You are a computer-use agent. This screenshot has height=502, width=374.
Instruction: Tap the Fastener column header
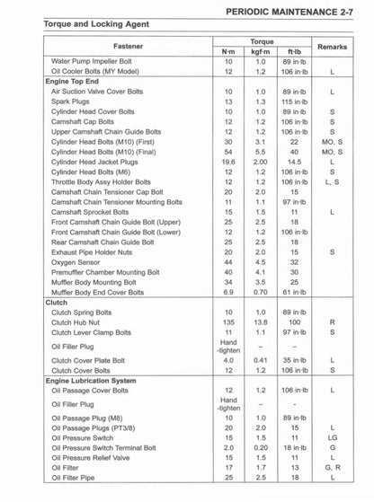pos(128,46)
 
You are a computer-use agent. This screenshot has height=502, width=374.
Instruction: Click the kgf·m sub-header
pos(261,51)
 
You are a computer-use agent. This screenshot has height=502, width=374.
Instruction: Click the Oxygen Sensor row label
pos(76,262)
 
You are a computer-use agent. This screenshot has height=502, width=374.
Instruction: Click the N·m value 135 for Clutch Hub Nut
pos(228,322)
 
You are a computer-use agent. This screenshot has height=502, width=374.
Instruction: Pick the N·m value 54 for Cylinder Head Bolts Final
pos(228,152)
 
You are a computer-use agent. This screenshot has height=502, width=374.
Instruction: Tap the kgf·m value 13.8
pos(261,322)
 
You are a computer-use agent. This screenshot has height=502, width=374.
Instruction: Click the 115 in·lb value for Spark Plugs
pos(294,101)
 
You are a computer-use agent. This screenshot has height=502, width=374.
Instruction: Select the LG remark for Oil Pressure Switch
pos(333,437)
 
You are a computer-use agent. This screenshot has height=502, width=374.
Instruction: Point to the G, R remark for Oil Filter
pos(333,467)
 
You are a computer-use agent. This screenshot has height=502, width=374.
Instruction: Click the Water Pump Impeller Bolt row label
pos(94,61)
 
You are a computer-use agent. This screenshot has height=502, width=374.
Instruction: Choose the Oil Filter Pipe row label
pos(76,477)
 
